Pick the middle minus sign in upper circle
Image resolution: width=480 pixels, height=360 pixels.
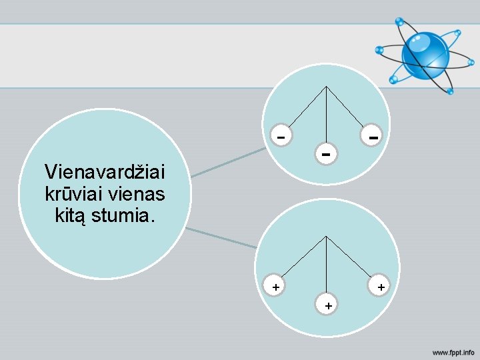325,155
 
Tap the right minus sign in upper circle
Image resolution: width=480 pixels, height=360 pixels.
374,137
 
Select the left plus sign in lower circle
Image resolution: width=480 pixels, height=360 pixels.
275,287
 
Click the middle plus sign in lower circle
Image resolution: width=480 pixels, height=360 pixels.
327,305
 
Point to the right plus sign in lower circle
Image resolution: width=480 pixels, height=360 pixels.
380,287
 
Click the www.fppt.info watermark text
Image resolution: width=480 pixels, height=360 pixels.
453,351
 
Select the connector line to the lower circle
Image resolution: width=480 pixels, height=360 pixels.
221,238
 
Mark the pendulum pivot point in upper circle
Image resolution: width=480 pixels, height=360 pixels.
326,87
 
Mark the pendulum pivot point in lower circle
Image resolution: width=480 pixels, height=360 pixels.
326,236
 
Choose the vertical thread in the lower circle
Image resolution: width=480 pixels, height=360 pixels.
326,267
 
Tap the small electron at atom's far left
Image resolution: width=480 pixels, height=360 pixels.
379,49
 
